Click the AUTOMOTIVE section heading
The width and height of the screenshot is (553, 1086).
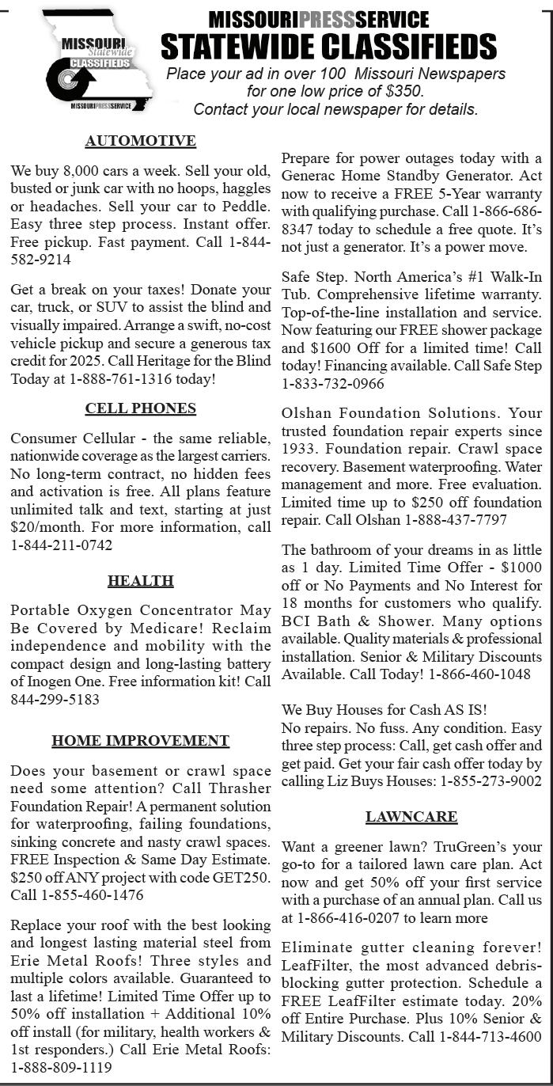(140, 141)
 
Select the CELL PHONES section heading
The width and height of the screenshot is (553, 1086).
(140, 408)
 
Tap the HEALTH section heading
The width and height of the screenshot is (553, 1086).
(140, 581)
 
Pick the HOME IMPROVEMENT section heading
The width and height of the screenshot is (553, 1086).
(140, 741)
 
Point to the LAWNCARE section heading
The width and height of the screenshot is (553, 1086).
(411, 816)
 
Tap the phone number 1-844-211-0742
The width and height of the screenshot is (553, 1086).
(62, 545)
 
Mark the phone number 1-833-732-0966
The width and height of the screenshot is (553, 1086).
(333, 384)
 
